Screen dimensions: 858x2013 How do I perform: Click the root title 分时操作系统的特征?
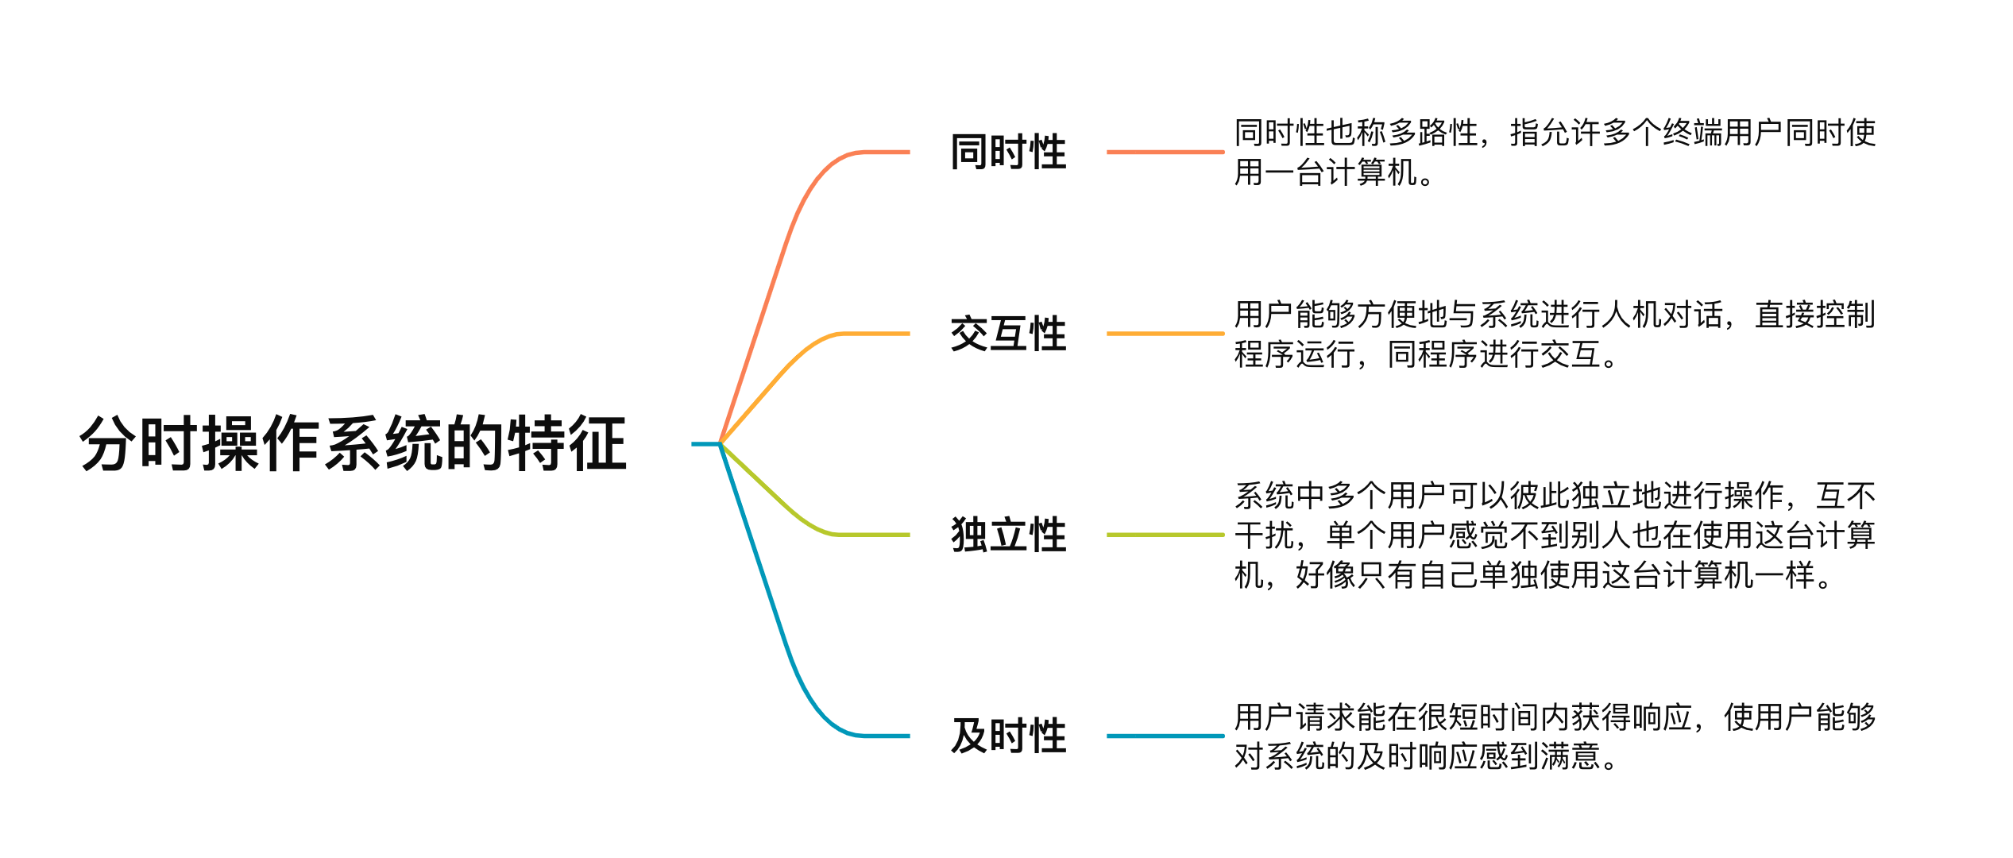354,443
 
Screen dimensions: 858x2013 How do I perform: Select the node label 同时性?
1008,152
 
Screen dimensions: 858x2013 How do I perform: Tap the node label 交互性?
1008,334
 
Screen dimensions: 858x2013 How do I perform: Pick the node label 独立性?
1008,535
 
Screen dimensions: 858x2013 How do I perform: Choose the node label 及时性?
1008,736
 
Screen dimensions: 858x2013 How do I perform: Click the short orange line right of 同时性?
1165,152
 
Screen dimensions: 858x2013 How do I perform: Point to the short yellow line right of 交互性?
1165,334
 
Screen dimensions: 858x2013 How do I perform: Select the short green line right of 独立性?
1165,535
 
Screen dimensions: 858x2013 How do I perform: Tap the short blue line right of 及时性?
1165,736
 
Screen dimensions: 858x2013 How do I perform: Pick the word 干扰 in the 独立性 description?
1265,535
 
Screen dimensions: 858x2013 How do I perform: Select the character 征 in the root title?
597,443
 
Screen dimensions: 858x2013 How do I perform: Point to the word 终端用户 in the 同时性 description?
1723,133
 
